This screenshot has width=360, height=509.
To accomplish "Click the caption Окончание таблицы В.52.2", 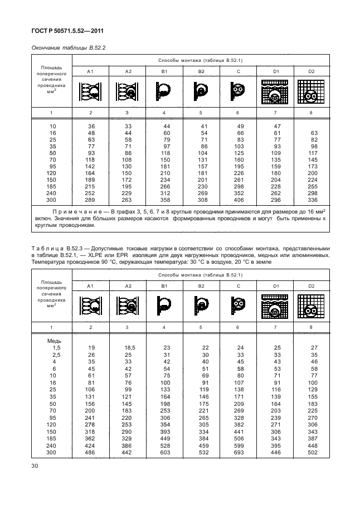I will [x=63, y=47].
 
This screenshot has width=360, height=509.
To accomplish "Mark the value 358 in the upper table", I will [x=164, y=200].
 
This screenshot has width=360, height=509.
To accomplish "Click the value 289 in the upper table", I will [x=90, y=200].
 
